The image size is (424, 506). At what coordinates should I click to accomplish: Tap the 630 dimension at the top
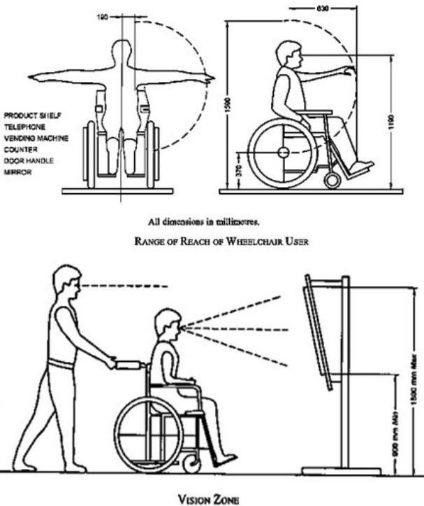click(x=321, y=9)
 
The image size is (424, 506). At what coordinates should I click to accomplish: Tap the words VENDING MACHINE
click(x=36, y=139)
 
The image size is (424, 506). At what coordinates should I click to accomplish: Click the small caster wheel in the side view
click(x=332, y=180)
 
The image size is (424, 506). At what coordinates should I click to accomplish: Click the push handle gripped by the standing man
click(x=130, y=365)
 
